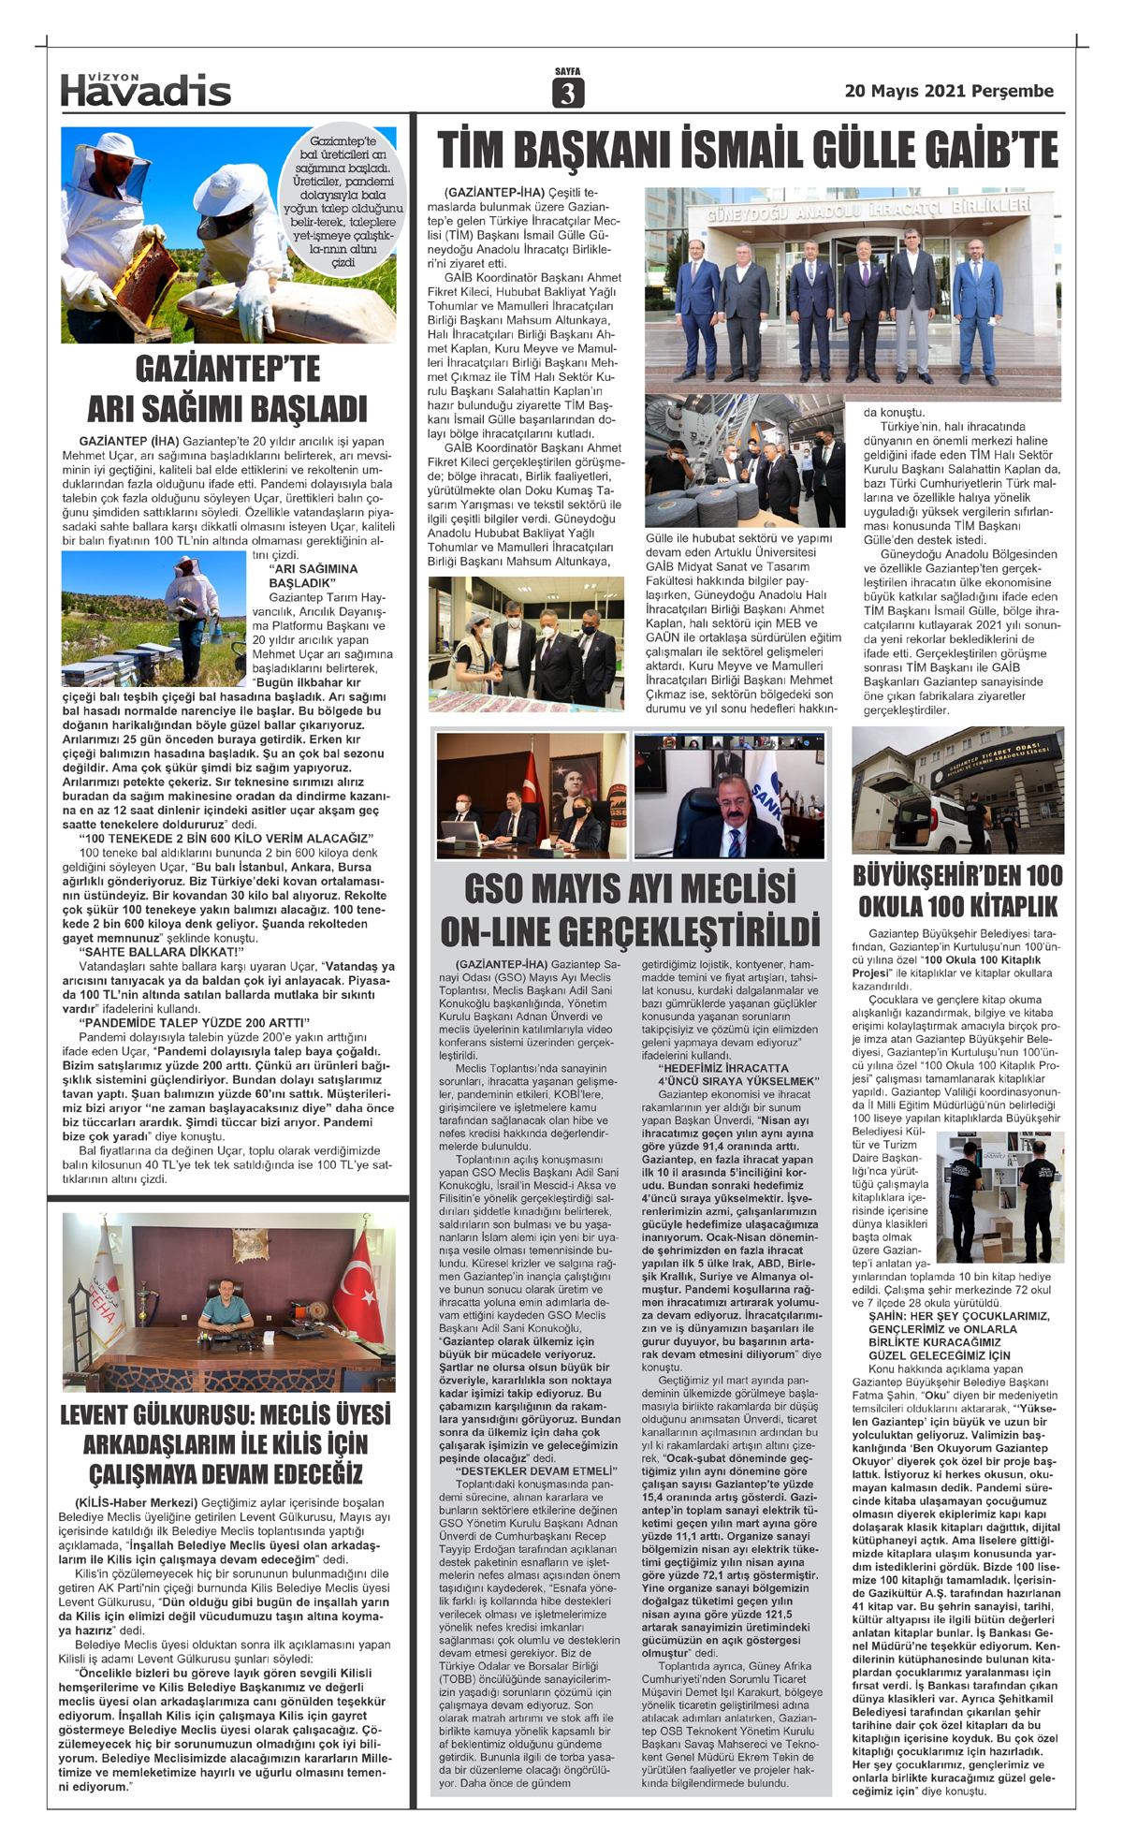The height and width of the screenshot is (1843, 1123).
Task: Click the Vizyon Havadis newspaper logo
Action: coord(145,89)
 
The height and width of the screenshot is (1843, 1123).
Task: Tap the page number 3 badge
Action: coord(567,92)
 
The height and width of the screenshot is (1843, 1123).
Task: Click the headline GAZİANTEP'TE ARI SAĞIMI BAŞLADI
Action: coord(227,389)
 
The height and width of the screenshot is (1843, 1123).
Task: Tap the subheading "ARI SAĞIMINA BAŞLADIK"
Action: coord(313,576)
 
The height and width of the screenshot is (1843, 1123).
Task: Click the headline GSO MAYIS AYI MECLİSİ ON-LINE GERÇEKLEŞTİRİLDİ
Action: coord(630,910)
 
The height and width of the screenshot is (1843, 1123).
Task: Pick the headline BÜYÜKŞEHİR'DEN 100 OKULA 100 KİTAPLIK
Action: coord(957,891)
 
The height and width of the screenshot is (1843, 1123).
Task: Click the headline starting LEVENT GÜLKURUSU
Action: coord(226,1443)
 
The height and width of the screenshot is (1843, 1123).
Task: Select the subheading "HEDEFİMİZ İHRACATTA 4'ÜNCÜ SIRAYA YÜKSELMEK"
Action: coord(737,1075)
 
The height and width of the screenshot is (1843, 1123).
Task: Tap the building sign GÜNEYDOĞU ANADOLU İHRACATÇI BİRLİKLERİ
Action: coord(869,212)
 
